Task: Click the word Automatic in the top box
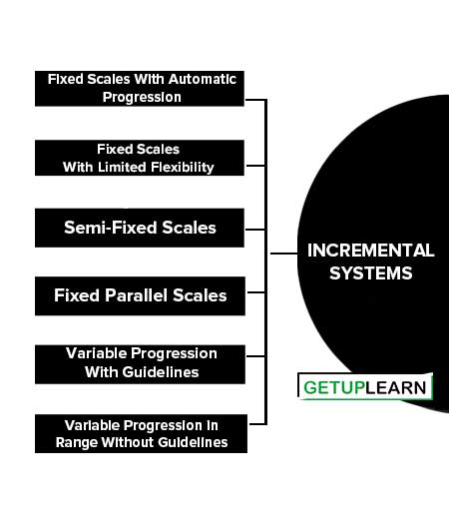pyautogui.click(x=202, y=80)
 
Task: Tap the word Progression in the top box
pyautogui.click(x=142, y=98)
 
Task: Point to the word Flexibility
pyautogui.click(x=183, y=168)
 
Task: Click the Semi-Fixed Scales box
pyautogui.click(x=140, y=228)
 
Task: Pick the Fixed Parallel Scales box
pyautogui.click(x=140, y=295)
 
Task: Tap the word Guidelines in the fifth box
pyautogui.click(x=161, y=372)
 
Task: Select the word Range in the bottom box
pyautogui.click(x=76, y=443)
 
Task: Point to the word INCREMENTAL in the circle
pyautogui.click(x=370, y=251)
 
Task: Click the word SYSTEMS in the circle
pyautogui.click(x=370, y=273)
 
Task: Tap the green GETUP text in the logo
pyautogui.click(x=334, y=387)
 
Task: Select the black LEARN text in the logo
pyautogui.click(x=396, y=387)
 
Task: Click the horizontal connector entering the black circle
pyautogui.click(x=283, y=254)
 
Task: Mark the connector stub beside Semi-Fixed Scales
pyautogui.click(x=255, y=230)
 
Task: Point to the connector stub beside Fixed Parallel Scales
pyautogui.click(x=256, y=292)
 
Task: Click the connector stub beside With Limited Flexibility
pyautogui.click(x=255, y=165)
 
